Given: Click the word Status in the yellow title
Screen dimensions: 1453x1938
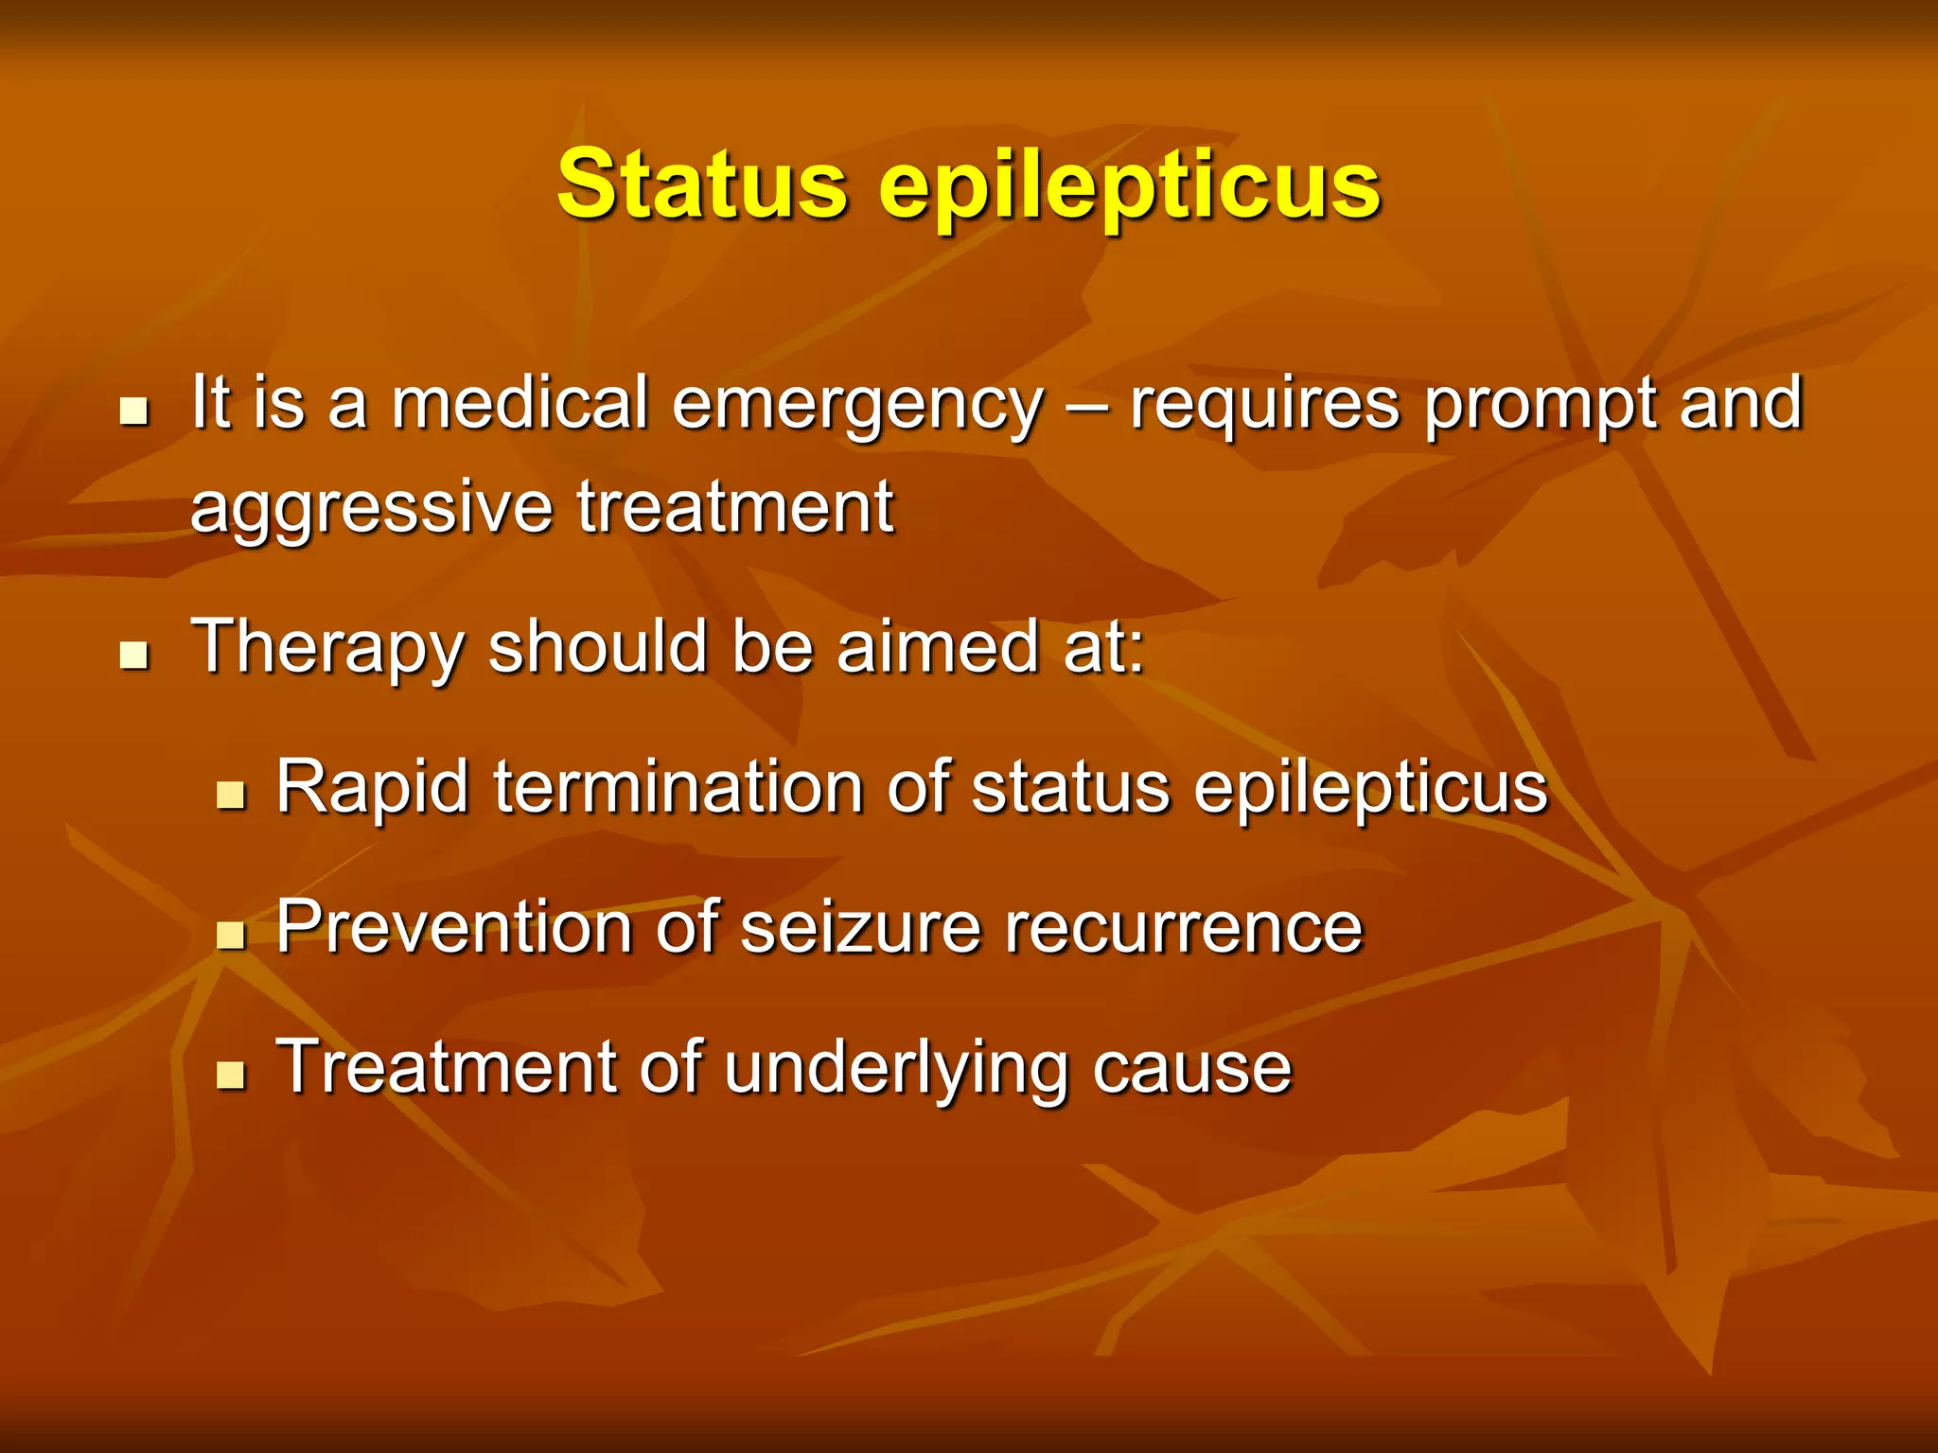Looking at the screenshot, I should coord(701,184).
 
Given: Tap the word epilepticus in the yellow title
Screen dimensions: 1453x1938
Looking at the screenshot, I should coord(1130,187).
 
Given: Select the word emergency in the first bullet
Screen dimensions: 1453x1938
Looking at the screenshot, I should coord(857,405).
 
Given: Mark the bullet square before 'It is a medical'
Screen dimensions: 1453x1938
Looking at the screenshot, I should coord(135,411).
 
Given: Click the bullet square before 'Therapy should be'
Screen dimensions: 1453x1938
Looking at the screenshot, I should coord(135,655).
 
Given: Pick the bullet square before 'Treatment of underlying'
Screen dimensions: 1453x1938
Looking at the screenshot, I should coord(231,1076).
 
